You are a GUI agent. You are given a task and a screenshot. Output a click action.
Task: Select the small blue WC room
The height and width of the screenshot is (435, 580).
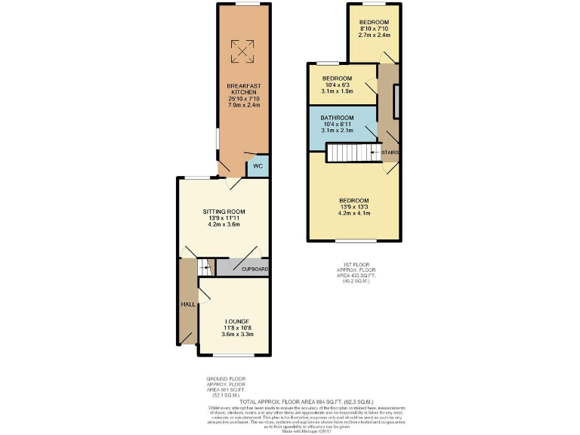pyautogui.click(x=258, y=166)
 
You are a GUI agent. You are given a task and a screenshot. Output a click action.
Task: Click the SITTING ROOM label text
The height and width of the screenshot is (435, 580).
pyautogui.click(x=224, y=211)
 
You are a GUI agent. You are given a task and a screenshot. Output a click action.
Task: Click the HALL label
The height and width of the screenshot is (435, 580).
pyautogui.click(x=188, y=304)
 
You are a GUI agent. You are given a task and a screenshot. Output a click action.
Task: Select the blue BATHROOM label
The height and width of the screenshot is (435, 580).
pyautogui.click(x=337, y=119)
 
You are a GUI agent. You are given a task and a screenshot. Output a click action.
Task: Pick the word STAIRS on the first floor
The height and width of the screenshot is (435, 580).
pyautogui.click(x=390, y=153)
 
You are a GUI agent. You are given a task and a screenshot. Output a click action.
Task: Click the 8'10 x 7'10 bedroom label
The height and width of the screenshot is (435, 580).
pyautogui.click(x=374, y=23)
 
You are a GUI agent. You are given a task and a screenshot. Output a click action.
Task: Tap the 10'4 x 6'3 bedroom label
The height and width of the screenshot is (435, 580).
pyautogui.click(x=337, y=79)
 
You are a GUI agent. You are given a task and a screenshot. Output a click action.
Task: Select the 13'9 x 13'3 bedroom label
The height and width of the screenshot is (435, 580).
pyautogui.click(x=353, y=200)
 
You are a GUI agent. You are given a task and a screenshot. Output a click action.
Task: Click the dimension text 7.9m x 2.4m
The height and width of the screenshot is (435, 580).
pyautogui.click(x=243, y=105)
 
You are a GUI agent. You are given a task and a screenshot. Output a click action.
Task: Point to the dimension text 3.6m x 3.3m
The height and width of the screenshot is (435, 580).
pyautogui.click(x=236, y=337)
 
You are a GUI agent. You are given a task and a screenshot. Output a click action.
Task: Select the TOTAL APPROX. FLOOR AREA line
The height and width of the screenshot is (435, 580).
pyautogui.click(x=290, y=402)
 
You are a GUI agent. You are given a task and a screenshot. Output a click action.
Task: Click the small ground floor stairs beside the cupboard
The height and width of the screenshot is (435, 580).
pyautogui.click(x=205, y=267)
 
